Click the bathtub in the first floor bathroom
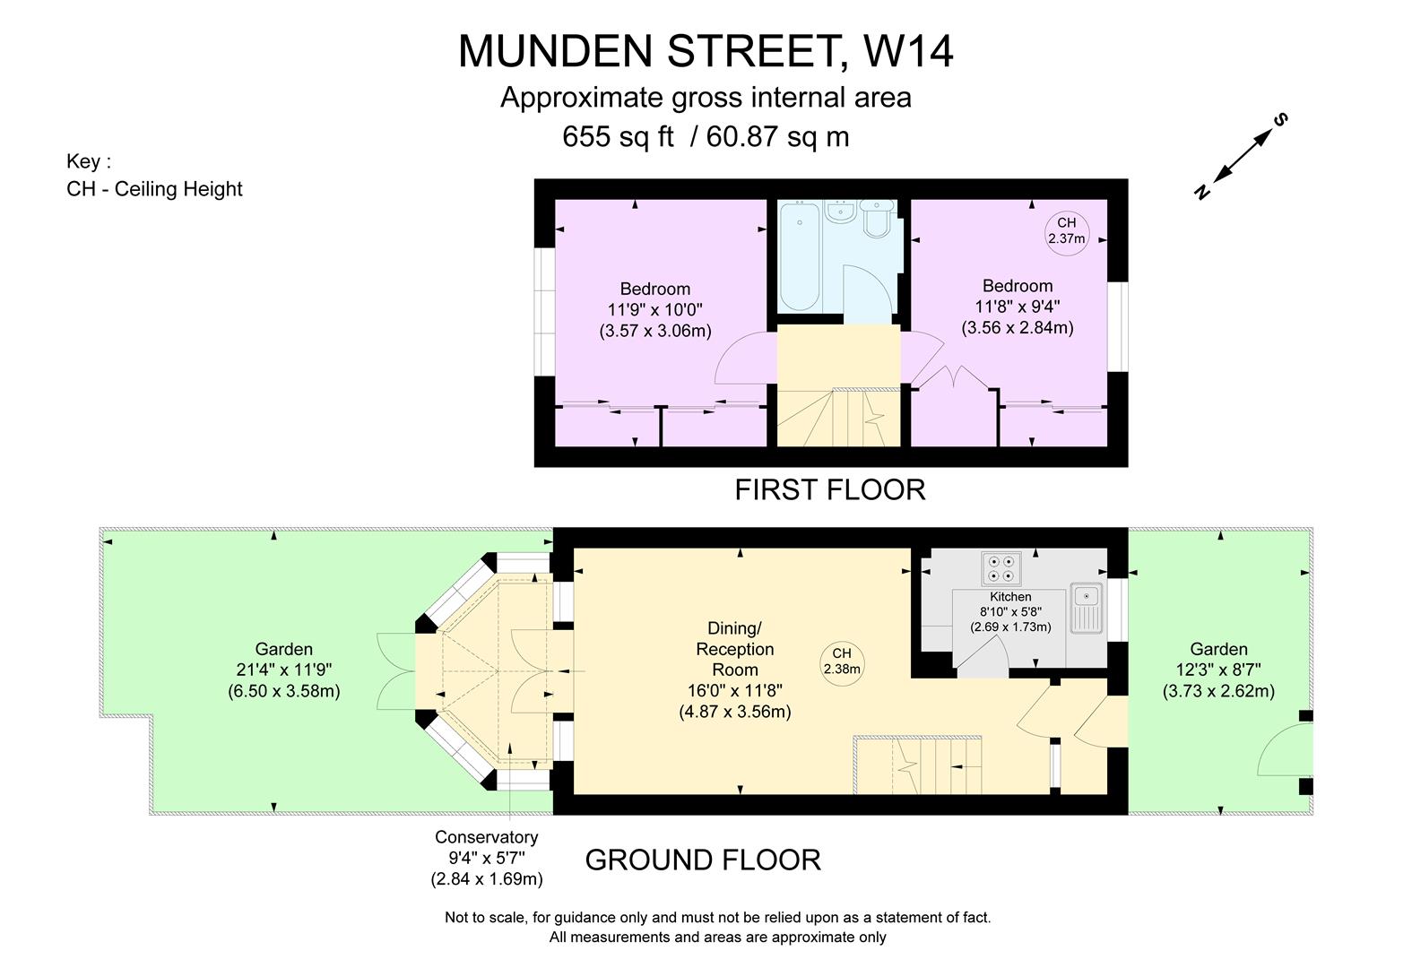click(x=798, y=255)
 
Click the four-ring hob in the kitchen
click(x=1001, y=568)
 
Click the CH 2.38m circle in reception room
click(x=841, y=661)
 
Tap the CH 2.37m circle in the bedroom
click(x=1066, y=231)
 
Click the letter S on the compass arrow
click(x=1281, y=119)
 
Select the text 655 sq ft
click(x=618, y=137)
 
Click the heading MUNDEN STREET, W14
click(x=706, y=51)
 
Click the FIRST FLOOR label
click(x=829, y=490)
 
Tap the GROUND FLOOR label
click(x=703, y=860)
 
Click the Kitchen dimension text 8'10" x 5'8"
click(x=1010, y=612)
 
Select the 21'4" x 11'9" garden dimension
click(x=283, y=670)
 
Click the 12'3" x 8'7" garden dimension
click(x=1218, y=670)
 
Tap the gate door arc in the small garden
click(x=1280, y=751)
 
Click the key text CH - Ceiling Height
click(x=154, y=189)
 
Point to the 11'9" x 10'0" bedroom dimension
click(x=654, y=310)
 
